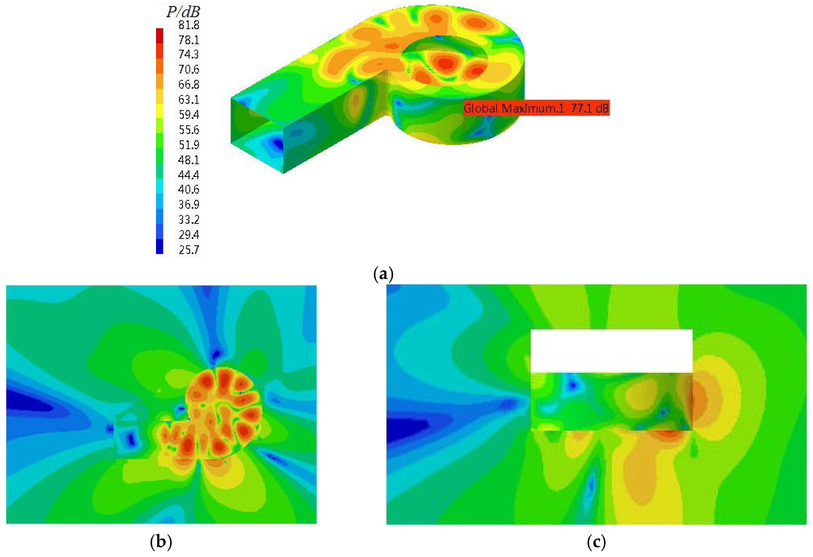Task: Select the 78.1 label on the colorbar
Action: [189, 40]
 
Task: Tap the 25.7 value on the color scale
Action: [189, 250]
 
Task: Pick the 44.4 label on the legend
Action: [189, 175]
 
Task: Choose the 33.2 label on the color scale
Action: [189, 220]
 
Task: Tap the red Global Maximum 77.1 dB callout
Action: [536, 108]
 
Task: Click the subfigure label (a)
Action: [384, 274]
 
